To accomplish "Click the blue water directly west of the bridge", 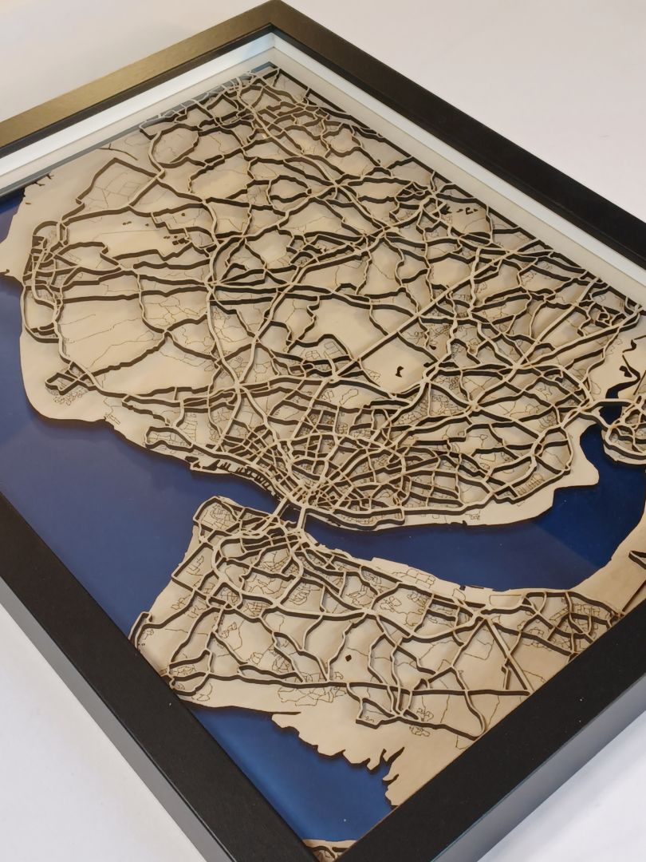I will click(160, 511).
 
